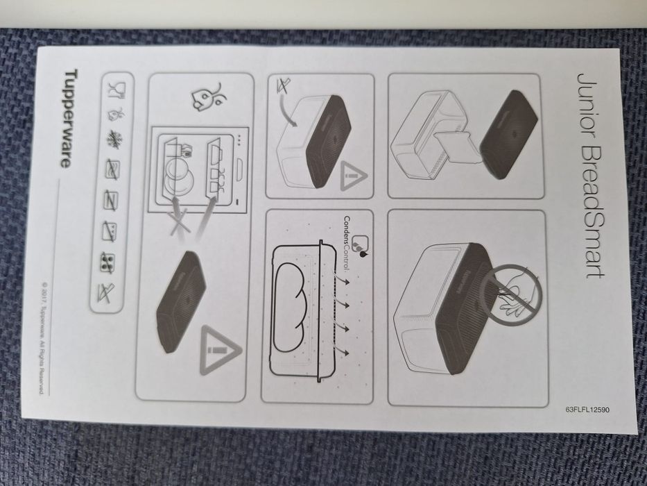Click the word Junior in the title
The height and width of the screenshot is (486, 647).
pos(589,111)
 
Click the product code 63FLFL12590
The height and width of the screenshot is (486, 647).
pos(587,410)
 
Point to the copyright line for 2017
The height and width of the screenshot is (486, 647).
pos(42,338)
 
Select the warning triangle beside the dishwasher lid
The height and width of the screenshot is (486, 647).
pos(220,351)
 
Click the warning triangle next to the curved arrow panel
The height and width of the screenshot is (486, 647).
pos(353,176)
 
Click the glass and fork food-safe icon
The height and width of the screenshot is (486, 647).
pos(116,90)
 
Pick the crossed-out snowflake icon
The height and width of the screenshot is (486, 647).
pos(112,140)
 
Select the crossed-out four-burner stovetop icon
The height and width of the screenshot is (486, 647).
pos(107,262)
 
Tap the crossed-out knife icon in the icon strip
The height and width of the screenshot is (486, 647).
pos(105,293)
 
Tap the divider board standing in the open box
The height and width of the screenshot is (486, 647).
pos(457,146)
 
